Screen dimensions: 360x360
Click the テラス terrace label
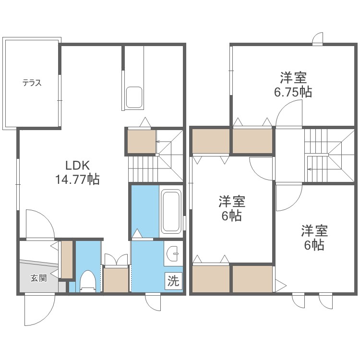(x=32, y=83)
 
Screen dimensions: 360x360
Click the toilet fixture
(x=87, y=281)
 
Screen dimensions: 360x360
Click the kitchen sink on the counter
(x=133, y=97)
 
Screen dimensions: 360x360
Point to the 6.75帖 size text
(x=293, y=92)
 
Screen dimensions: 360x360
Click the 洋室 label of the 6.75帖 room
(x=293, y=77)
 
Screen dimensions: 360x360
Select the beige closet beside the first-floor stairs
(x=141, y=142)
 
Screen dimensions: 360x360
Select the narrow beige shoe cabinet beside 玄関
(x=67, y=259)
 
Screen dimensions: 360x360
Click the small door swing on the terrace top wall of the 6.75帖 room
(x=317, y=39)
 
